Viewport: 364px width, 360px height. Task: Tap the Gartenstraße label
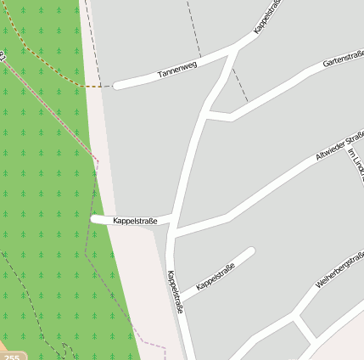(343, 59)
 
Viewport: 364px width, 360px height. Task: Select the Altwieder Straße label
(339, 145)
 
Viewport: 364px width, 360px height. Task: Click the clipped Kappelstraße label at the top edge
(266, 17)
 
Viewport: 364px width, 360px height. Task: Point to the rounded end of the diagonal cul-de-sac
(250, 251)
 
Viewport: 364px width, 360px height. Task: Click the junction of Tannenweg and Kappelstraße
(232, 53)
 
